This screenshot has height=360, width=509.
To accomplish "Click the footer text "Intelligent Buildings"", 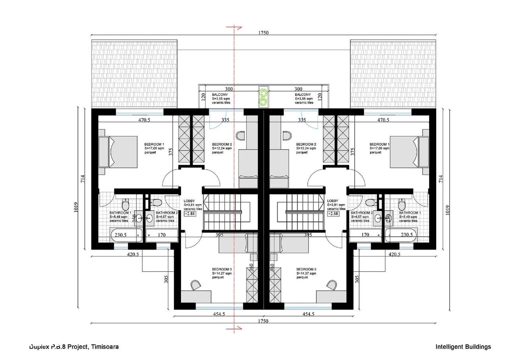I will [463, 347].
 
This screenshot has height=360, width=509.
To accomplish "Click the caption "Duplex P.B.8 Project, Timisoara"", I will [74, 347].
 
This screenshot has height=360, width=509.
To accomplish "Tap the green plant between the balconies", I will [262, 97].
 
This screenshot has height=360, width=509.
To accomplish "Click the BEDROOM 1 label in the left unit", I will [155, 144].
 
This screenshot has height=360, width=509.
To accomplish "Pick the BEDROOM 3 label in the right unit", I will [306, 269].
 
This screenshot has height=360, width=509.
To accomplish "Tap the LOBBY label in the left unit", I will [188, 201].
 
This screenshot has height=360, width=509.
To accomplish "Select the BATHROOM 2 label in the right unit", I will [361, 213].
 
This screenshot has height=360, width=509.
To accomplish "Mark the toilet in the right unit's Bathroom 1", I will [402, 205].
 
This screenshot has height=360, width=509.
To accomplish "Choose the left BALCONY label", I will [220, 95].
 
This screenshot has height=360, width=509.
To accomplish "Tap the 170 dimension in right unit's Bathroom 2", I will [364, 235].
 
